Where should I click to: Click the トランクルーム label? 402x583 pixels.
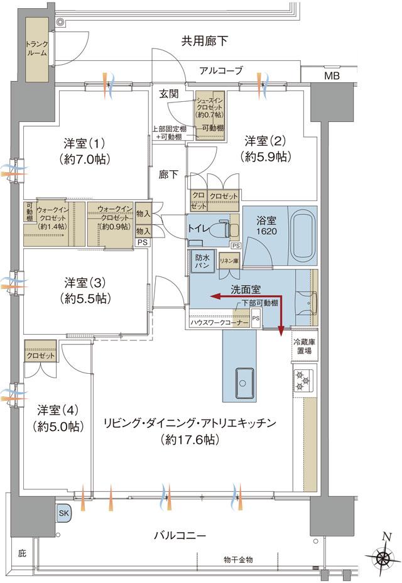click(33, 48)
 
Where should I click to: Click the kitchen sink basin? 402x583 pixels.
click(245, 381)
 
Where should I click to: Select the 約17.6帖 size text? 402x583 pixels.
click(189, 440)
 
